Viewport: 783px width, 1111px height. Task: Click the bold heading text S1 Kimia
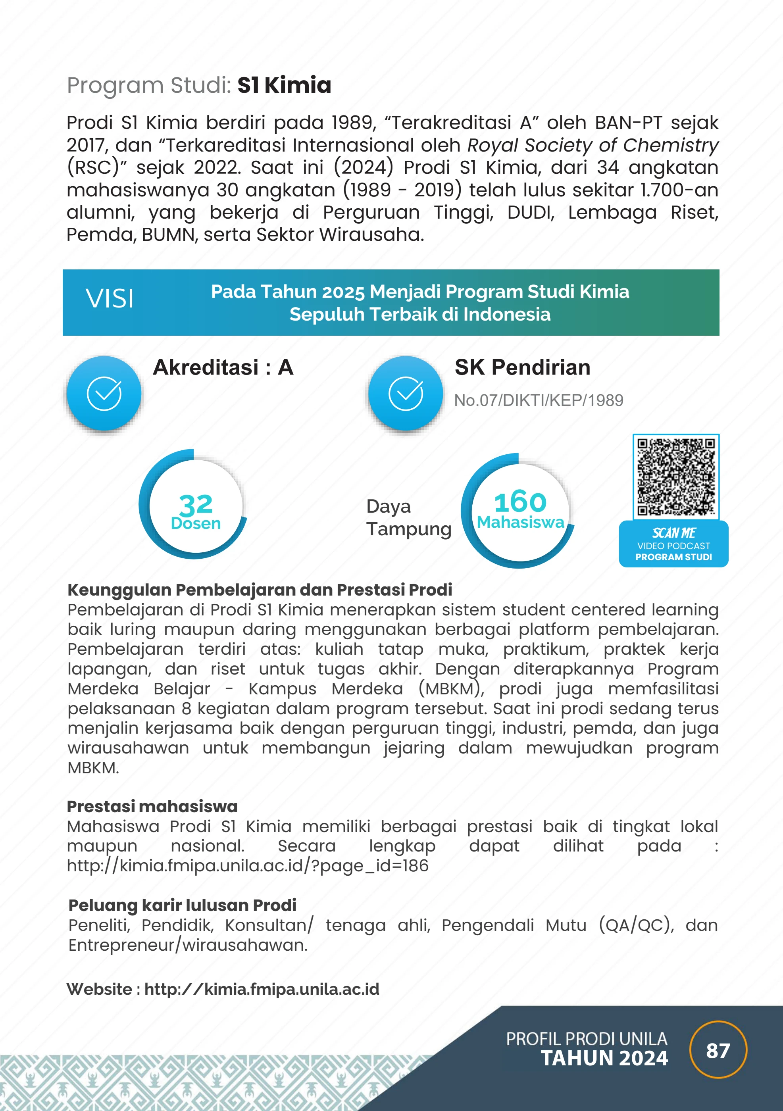[284, 85]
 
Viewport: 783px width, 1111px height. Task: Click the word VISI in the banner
[110, 298]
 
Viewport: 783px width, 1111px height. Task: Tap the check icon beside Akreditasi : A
[104, 393]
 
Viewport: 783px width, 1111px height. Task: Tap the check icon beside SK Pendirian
[406, 393]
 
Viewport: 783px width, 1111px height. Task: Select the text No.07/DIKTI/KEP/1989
[538, 400]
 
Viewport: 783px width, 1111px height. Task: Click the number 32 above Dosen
[196, 505]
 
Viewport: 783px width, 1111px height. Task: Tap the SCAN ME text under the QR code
[673, 533]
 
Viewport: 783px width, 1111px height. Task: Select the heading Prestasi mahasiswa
[152, 806]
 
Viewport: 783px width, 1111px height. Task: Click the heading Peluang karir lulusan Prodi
[182, 905]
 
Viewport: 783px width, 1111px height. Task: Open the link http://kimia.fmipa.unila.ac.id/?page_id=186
[247, 866]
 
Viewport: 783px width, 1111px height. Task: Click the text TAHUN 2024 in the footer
[604, 1058]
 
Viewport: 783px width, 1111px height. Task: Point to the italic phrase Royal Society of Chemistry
[593, 145]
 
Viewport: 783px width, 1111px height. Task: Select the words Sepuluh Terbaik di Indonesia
[419, 314]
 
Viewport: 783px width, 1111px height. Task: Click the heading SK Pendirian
[522, 367]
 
